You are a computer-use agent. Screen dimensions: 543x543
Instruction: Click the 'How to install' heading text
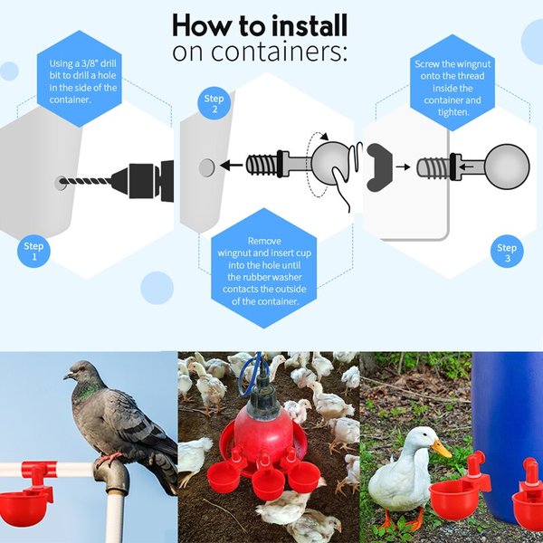pos(259,24)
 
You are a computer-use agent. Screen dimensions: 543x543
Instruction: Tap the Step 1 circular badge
pos(33,252)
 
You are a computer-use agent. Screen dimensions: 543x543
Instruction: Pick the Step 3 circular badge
pos(507,252)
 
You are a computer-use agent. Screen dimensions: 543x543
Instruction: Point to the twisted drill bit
pos(86,181)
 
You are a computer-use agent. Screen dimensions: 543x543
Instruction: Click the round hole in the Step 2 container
pos(206,167)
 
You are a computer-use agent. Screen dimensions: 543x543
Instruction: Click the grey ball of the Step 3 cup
pos(507,167)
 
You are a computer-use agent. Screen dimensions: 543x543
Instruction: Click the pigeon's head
pos(79,374)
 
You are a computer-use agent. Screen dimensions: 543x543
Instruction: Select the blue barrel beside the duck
pos(507,407)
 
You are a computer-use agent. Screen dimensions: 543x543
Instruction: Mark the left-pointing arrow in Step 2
pos(233,167)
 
